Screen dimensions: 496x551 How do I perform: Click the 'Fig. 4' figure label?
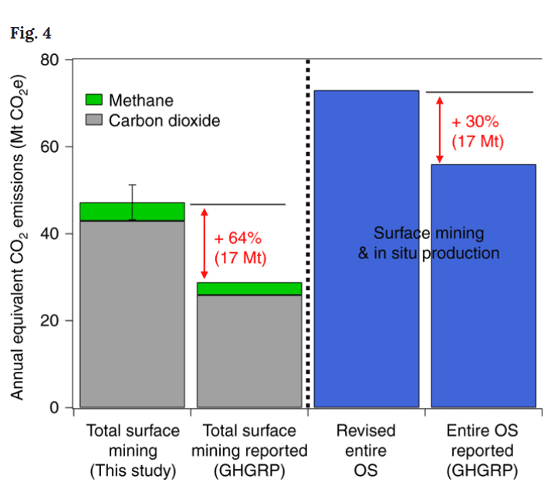pyautogui.click(x=30, y=34)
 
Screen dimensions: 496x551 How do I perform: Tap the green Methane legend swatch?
pyautogui.click(x=93, y=100)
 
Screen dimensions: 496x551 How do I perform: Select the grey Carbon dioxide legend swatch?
pyautogui.click(x=93, y=120)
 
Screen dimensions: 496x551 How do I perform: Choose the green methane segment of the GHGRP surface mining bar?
pyautogui.click(x=249, y=288)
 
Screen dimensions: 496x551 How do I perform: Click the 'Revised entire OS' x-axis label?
pyautogui.click(x=367, y=450)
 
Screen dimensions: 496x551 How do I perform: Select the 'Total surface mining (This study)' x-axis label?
pyautogui.click(x=132, y=450)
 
